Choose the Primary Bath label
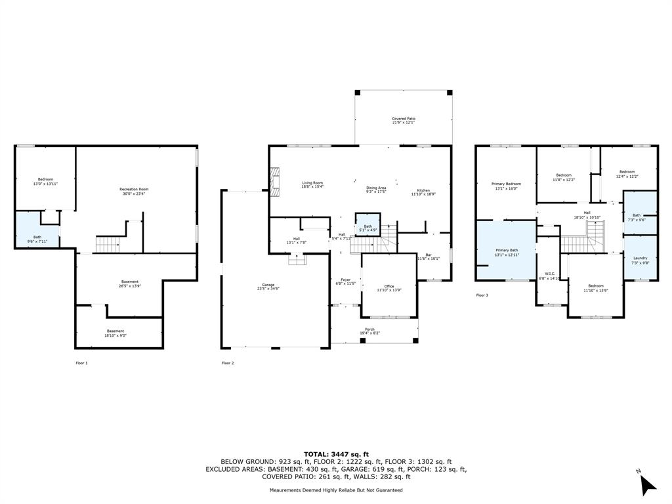point(507,253)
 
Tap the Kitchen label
point(423,191)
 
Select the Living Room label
point(312,184)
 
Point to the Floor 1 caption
point(81,363)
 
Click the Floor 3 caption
point(482,295)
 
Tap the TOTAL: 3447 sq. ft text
point(336,454)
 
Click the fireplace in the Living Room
point(275,178)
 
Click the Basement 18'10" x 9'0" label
point(115,333)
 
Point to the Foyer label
point(345,282)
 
